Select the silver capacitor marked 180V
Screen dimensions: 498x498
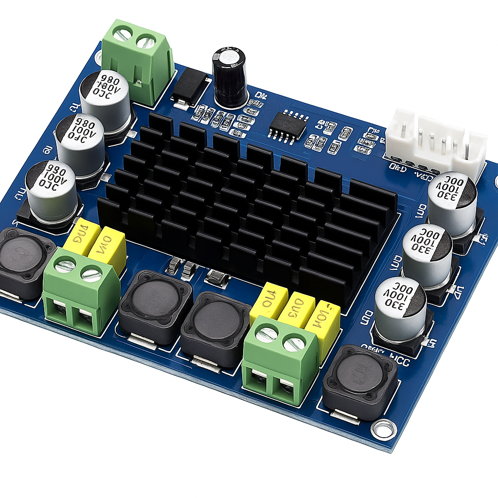pyautogui.click(x=105, y=94)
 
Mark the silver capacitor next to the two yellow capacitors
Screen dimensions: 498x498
pyautogui.click(x=51, y=193)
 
